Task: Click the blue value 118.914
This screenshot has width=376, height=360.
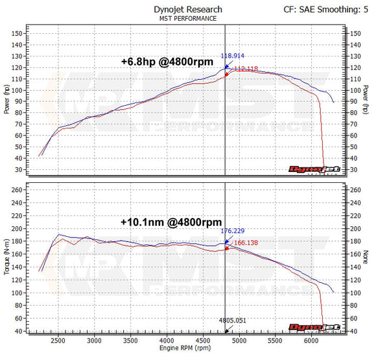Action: pos(234,56)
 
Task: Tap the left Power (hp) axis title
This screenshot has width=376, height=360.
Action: pos(6,101)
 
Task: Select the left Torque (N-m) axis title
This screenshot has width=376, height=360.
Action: pos(6,259)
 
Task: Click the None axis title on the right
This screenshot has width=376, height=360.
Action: pos(367,259)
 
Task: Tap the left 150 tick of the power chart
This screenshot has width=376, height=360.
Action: pos(18,33)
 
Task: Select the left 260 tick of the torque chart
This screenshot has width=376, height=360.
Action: pos(18,190)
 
